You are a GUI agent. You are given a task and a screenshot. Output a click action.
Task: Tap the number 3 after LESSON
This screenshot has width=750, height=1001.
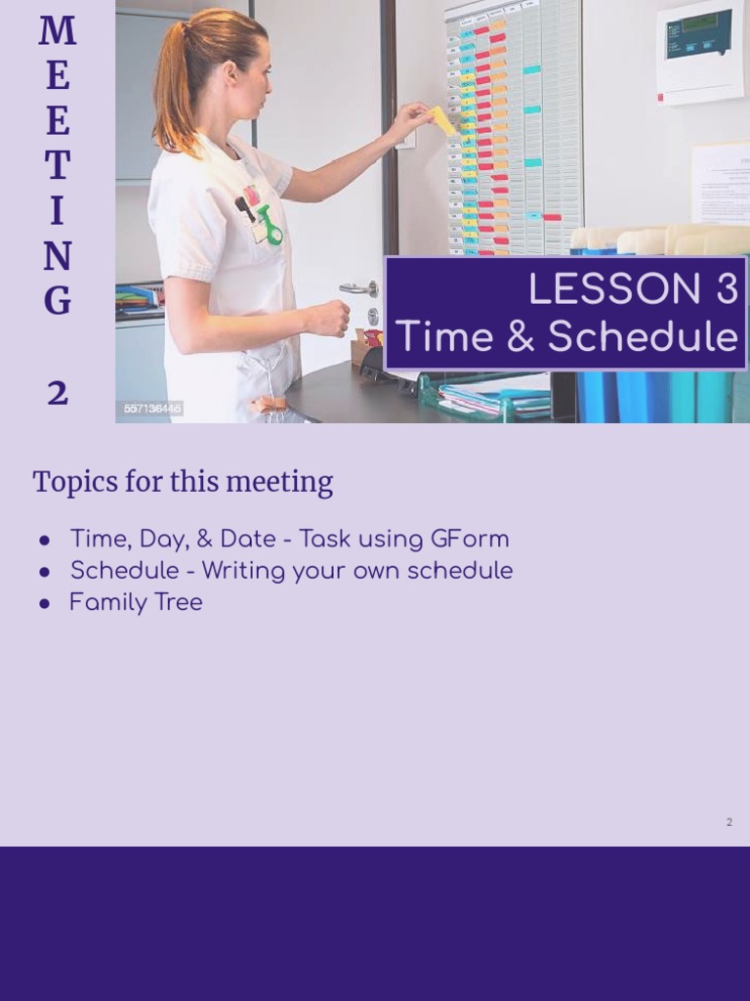coord(718,290)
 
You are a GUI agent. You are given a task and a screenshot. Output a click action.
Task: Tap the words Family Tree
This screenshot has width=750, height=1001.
coord(136,602)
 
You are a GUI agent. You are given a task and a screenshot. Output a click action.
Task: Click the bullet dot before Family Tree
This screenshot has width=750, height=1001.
coord(45,603)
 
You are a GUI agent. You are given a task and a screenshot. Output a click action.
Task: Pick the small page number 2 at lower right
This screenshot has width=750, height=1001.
coord(729,822)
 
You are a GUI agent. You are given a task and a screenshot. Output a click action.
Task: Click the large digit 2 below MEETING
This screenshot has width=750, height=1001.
coord(58,393)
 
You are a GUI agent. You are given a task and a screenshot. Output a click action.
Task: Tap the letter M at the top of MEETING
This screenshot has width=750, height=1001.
coord(58,31)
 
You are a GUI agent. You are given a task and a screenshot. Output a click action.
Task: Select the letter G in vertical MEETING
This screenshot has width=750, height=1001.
coord(58,301)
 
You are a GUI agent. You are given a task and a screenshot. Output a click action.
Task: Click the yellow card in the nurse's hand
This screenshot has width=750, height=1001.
coord(443,120)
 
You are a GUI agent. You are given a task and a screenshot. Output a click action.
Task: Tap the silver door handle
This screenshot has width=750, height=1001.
coord(357,288)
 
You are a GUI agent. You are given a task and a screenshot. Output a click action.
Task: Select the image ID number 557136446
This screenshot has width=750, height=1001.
coord(152,409)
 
